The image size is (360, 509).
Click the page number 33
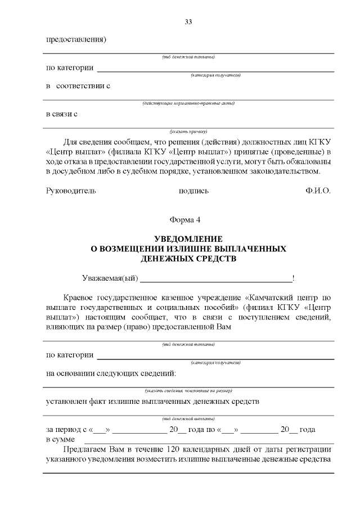click(x=188, y=22)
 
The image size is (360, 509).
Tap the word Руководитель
click(x=71, y=191)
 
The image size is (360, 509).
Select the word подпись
click(x=193, y=191)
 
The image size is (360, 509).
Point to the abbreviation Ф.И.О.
click(x=318, y=191)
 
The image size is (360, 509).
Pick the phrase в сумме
click(x=60, y=439)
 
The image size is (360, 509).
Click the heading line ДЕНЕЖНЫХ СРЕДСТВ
click(x=188, y=259)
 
